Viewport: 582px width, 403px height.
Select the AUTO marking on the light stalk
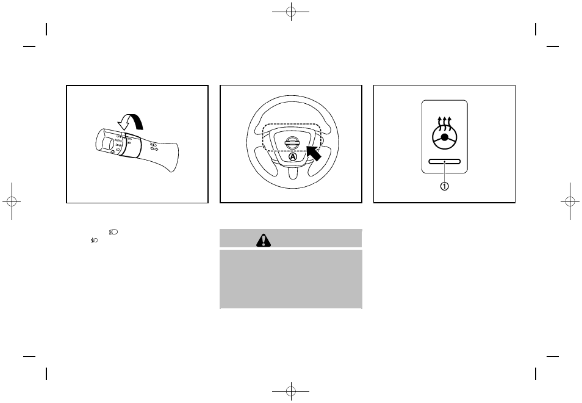tap(119, 140)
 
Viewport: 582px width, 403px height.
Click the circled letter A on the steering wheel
tap(292, 156)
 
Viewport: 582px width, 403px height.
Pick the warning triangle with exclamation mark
tap(262, 241)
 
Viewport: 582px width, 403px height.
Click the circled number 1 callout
tap(445, 186)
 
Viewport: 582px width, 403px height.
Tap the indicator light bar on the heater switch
tap(444, 162)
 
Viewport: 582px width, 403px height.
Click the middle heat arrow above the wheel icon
tap(445, 119)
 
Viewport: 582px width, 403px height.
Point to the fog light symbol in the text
tap(113, 232)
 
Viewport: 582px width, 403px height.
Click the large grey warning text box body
tap(290, 278)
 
